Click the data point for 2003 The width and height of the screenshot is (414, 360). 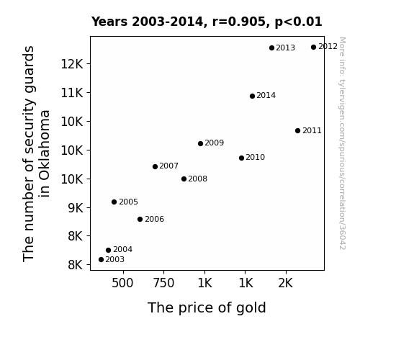(101, 260)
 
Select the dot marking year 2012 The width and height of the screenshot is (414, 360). (313, 48)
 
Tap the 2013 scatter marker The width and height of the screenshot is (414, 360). (271, 48)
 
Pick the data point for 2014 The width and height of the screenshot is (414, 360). (252, 96)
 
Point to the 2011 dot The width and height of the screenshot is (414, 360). (297, 131)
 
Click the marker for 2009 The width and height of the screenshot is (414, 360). (200, 144)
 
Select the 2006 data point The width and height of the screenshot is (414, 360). (140, 219)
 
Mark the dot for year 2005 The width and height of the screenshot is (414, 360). (114, 202)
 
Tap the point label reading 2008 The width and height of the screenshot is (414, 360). (198, 179)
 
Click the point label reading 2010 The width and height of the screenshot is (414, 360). (256, 158)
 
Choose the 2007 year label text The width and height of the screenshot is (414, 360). (169, 166)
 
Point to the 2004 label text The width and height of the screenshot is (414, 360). (123, 250)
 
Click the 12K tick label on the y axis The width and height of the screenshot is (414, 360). (72, 64)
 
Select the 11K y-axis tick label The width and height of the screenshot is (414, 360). (72, 93)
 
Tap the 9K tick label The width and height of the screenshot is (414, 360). (76, 208)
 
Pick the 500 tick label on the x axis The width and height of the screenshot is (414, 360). (122, 283)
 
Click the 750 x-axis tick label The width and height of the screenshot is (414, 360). (163, 283)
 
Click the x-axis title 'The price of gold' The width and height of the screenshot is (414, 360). (207, 308)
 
